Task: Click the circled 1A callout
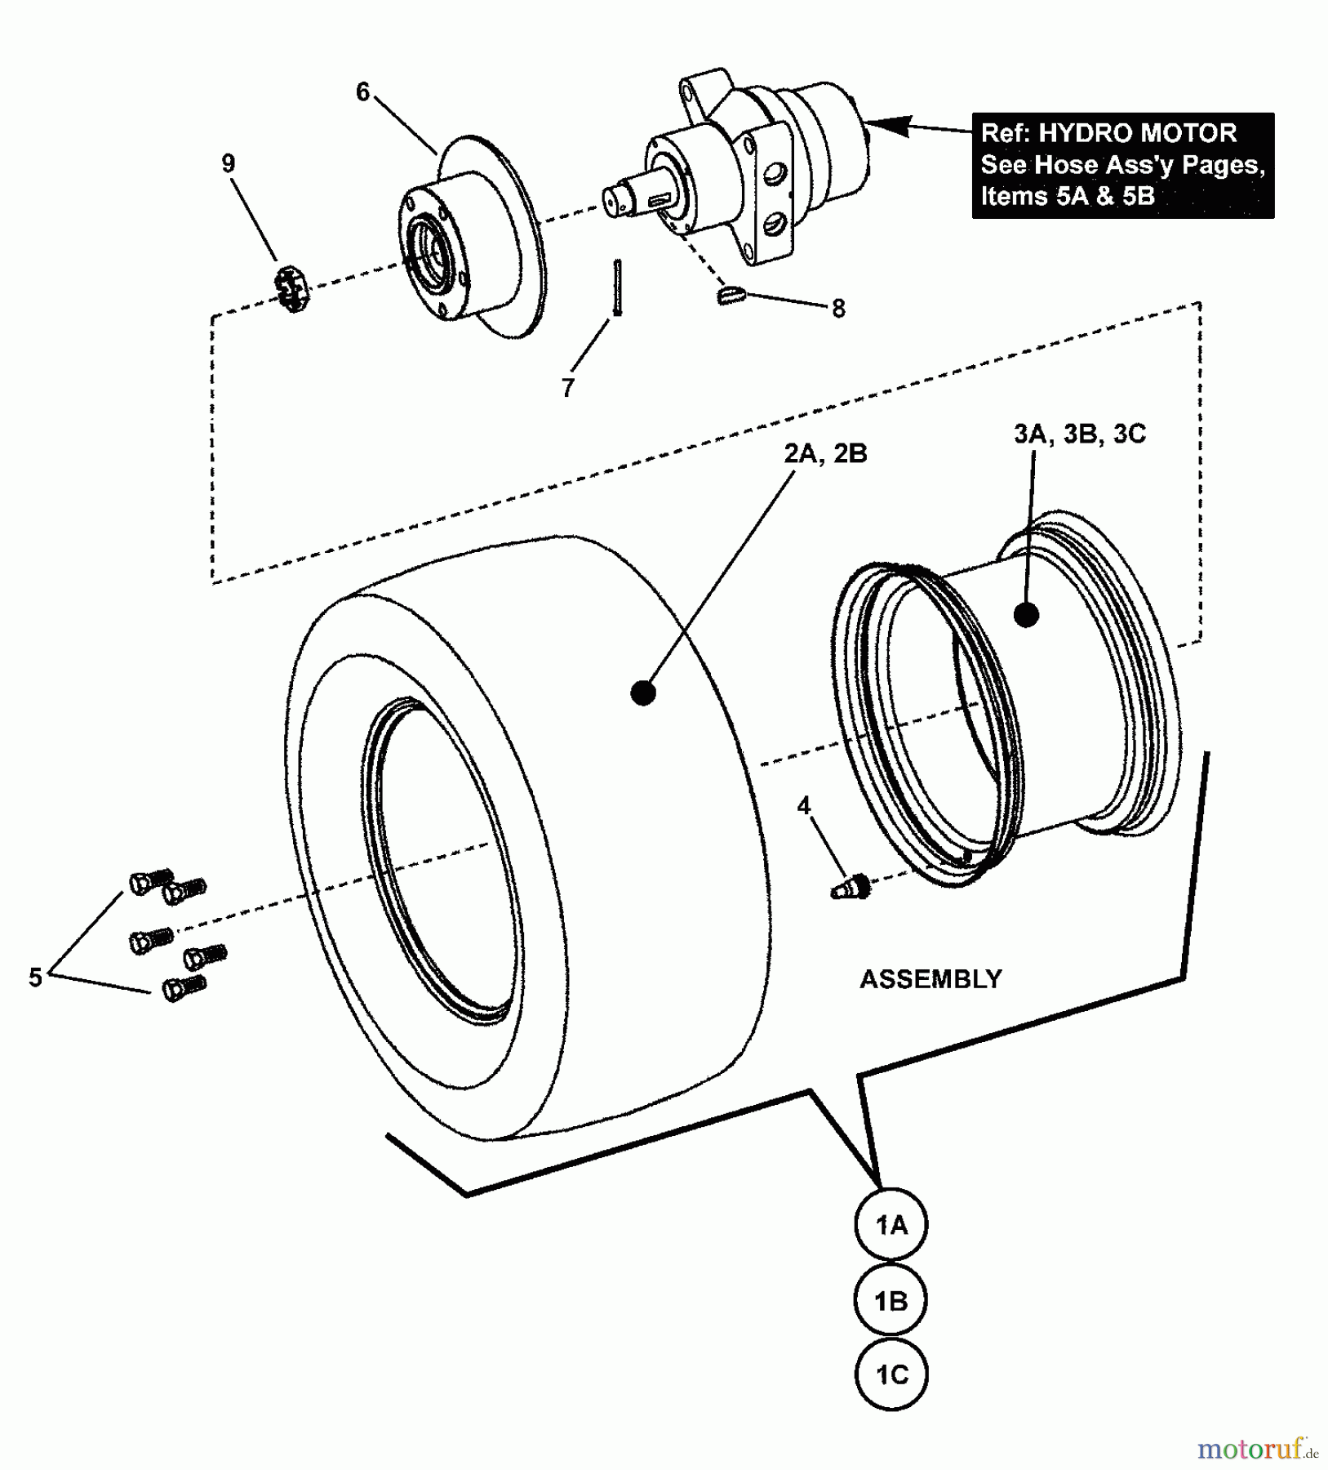pos(891,1225)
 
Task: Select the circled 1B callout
pos(891,1300)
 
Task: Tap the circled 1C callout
pos(891,1374)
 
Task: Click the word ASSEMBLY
pos(930,978)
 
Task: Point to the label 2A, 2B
pos(825,453)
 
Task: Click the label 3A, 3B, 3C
pos(1079,434)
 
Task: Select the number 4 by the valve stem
pos(804,806)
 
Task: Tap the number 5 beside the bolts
pos(35,977)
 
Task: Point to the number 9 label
pos(229,163)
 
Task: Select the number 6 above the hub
pos(363,92)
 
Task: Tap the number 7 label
pos(568,387)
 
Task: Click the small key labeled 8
pos(731,295)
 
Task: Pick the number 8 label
pos(838,309)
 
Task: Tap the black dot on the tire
pos(643,693)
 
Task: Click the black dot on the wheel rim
pos(1026,615)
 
